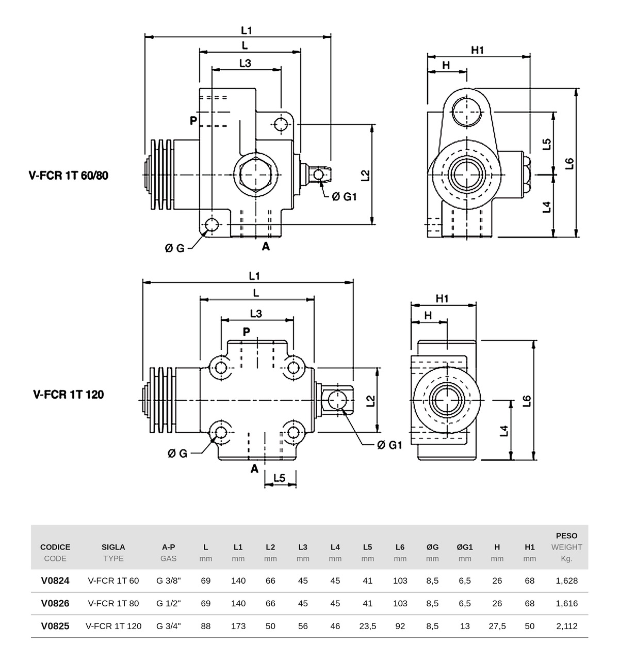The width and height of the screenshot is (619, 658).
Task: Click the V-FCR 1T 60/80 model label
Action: tap(69, 175)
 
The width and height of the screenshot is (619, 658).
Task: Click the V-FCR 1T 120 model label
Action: tap(69, 394)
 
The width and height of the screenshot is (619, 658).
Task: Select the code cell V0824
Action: tap(55, 581)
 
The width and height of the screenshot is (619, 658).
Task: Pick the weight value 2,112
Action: tap(567, 626)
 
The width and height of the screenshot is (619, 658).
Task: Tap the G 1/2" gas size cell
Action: tap(169, 603)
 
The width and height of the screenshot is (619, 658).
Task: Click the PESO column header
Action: tap(567, 536)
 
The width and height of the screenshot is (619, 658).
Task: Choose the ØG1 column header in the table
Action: tap(465, 547)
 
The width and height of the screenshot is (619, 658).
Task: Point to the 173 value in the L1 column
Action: tap(238, 626)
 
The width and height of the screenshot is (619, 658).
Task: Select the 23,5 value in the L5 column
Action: tap(367, 626)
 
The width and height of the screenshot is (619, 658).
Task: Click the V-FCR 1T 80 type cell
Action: tap(113, 603)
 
